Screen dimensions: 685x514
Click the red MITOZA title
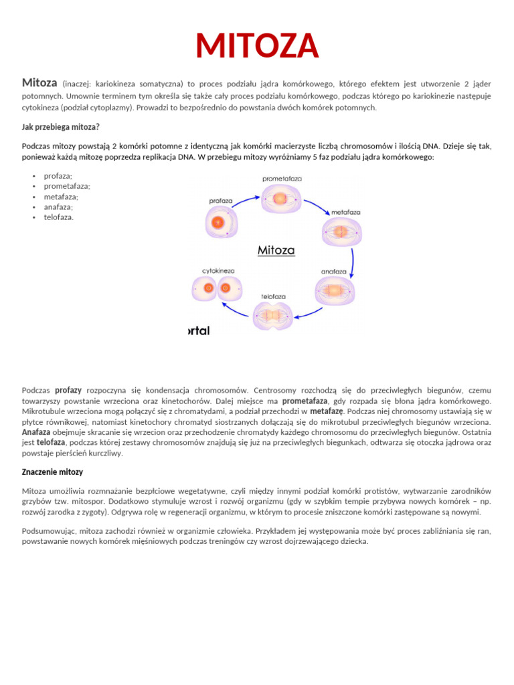pyautogui.click(x=257, y=45)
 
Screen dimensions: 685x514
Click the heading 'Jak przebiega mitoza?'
pyautogui.click(x=61, y=126)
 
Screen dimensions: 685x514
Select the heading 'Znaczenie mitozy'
pyautogui.click(x=53, y=472)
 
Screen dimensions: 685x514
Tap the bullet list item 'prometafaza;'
pyautogui.click(x=67, y=186)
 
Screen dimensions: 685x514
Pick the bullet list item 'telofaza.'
pyautogui.click(x=59, y=217)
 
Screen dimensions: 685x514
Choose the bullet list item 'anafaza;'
pyautogui.click(x=58, y=207)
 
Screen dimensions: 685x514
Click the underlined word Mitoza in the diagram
pyautogui.click(x=276, y=250)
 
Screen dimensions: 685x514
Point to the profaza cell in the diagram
pyautogui.click(x=217, y=223)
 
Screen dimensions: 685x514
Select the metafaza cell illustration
pyautogui.click(x=342, y=231)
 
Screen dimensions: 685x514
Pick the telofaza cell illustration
pyautogui.click(x=273, y=315)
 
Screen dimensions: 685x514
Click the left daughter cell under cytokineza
pyautogui.click(x=208, y=288)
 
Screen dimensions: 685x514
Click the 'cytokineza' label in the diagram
pyautogui.click(x=218, y=271)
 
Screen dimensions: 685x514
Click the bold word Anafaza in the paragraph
pyautogui.click(x=36, y=432)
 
